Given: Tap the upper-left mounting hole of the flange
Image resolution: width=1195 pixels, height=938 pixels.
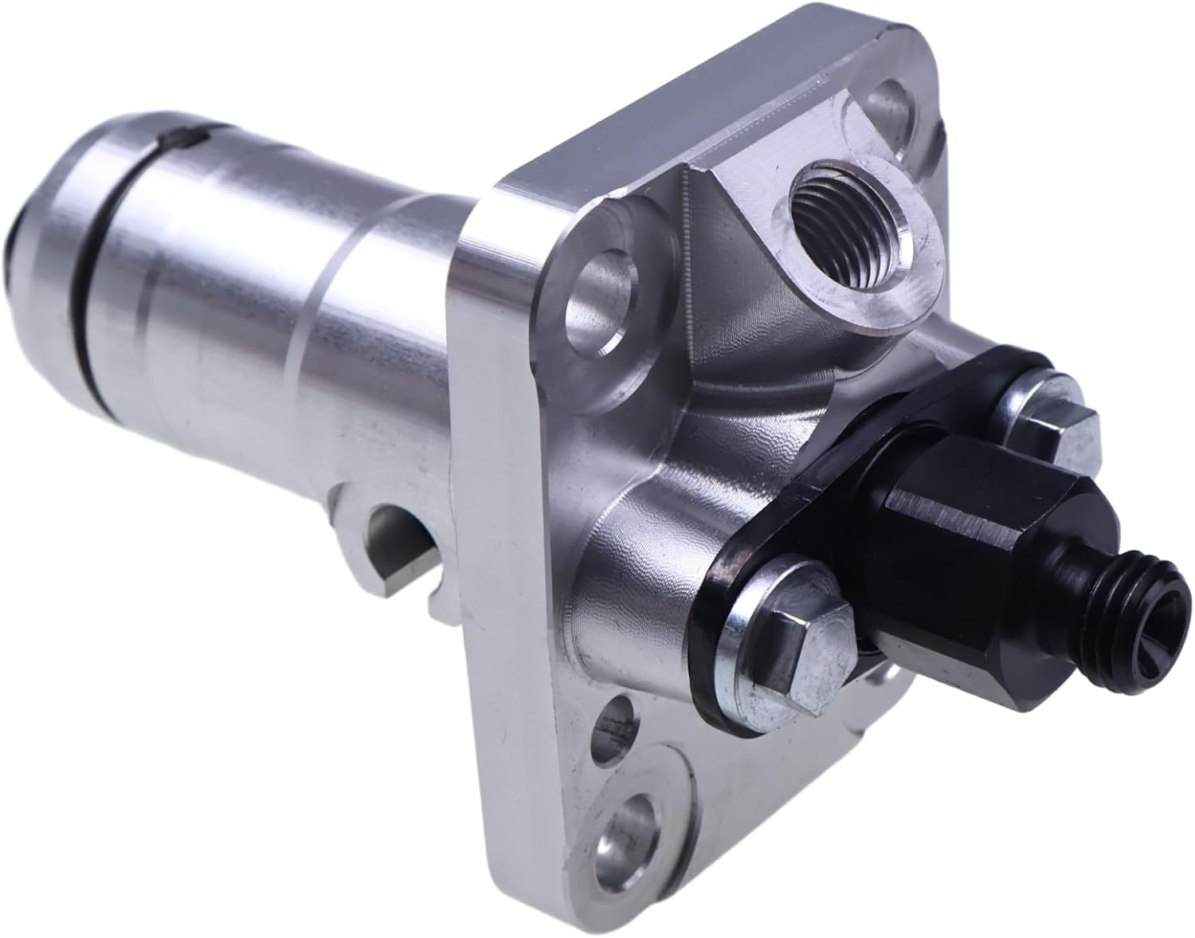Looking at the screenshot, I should click(598, 309).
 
